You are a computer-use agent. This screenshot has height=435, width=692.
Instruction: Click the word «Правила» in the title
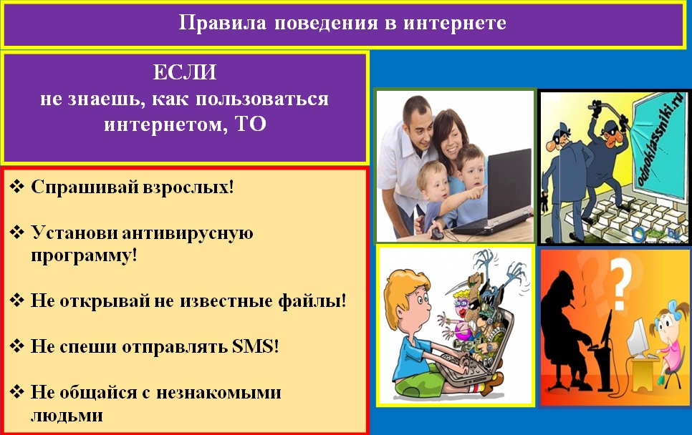pos(222,22)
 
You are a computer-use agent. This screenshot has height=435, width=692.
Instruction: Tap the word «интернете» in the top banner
pos(455,22)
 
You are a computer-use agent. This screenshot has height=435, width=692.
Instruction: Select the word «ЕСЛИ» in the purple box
pos(185,72)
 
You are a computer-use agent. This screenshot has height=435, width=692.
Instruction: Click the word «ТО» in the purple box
pos(251,124)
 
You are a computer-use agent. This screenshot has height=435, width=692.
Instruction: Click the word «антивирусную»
pos(187,233)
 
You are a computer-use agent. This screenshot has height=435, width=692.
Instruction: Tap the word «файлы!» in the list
pos(312,300)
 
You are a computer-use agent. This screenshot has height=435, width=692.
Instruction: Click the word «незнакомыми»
pos(219,392)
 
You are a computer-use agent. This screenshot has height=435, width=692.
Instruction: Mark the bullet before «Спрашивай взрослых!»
pos(16,187)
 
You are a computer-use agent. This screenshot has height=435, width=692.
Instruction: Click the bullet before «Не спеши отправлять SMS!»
pos(16,346)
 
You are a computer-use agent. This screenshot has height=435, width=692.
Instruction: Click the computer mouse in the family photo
pos(437,233)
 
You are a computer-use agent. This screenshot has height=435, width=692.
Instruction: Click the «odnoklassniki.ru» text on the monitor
pos(660,137)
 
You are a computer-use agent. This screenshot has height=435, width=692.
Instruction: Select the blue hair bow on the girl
pos(673,306)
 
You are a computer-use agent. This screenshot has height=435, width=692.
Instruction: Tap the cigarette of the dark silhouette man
pos(572,304)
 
